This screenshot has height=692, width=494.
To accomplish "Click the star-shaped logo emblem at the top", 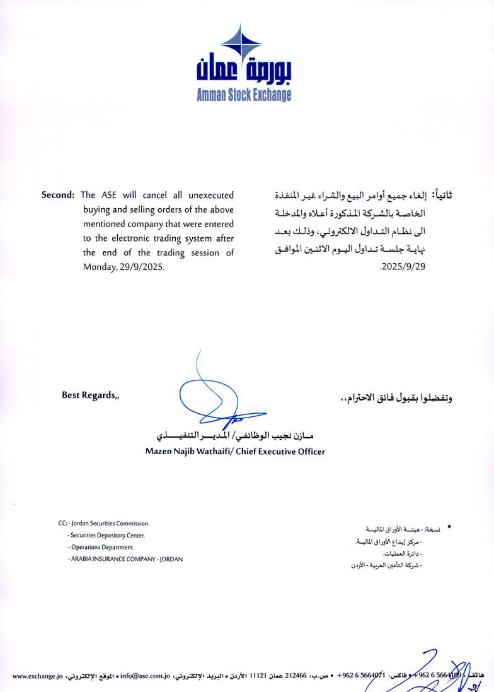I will click(242, 43).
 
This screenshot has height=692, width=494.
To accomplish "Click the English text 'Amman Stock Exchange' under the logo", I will click(244, 95).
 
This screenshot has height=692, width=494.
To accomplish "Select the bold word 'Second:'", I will click(58, 195).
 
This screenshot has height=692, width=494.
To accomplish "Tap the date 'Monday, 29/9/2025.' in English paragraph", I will click(123, 267).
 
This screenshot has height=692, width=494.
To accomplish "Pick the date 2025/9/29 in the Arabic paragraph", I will click(404, 267).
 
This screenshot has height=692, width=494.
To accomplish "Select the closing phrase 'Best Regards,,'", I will click(89, 396).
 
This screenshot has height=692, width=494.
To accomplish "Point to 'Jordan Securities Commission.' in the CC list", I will click(110, 524).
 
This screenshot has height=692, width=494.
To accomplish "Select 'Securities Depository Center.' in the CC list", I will click(108, 536).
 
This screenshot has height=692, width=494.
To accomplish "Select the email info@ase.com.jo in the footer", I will click(146, 676).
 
